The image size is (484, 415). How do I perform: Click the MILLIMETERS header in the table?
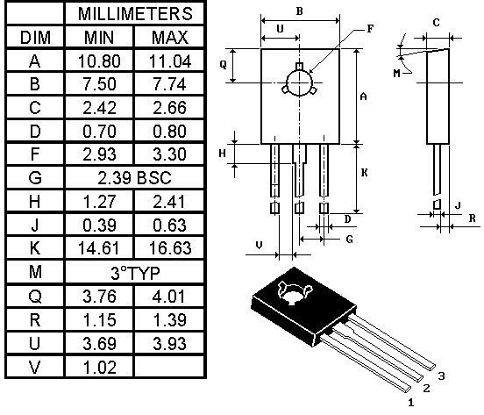pos(135,14)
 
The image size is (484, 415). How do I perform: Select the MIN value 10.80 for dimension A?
pos(99,61)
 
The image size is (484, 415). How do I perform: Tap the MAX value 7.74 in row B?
pos(169,84)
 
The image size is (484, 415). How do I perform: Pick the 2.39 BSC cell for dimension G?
pos(134,178)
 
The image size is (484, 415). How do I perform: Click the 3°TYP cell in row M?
pos(135,273)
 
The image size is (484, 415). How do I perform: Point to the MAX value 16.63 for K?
pos(170,248)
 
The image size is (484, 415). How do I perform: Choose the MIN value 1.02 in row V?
pos(100,367)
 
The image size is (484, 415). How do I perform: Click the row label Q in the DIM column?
pos(34,297)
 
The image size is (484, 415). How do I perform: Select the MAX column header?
pos(170,38)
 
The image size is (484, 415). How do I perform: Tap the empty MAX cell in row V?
pos(169,367)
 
